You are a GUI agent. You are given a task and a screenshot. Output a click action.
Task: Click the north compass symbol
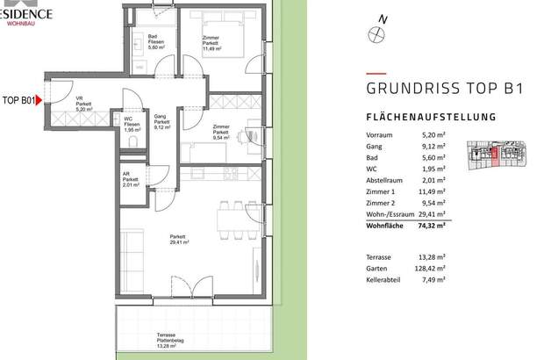point(378,34)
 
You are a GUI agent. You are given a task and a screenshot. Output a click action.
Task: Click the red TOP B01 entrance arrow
point(38,101)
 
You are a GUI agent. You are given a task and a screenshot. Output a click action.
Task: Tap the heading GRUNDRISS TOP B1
point(433,88)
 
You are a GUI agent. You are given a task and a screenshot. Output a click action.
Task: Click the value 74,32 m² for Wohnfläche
point(432,225)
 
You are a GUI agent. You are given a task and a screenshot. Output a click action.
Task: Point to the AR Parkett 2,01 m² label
point(132,181)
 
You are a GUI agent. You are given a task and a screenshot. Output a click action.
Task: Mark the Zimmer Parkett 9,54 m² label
point(220,133)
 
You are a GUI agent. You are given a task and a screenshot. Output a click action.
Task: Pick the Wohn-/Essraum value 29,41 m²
point(432,212)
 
